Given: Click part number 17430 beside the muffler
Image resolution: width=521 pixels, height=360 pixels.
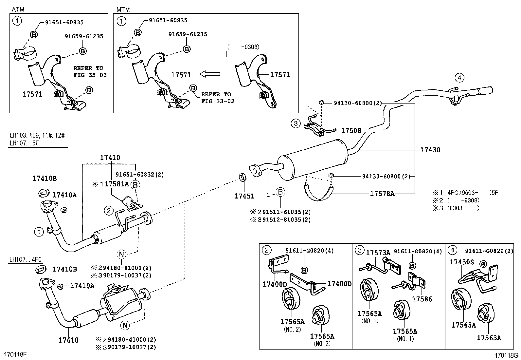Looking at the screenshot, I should (430, 150).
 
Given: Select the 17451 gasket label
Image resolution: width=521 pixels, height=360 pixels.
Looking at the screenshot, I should (244, 196).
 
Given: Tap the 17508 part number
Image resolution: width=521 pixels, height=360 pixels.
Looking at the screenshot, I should (351, 131).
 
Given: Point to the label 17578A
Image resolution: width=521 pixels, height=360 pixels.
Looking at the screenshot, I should (382, 194).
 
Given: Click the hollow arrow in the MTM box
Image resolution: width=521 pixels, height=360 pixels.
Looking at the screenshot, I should (210, 74).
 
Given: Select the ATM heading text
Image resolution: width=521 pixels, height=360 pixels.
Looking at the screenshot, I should (18, 9).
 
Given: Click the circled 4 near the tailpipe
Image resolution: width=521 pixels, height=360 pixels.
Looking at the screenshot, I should (459, 78).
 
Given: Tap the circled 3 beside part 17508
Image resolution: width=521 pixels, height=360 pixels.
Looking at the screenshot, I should (296, 123).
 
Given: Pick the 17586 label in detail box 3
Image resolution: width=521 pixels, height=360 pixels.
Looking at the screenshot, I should (422, 299).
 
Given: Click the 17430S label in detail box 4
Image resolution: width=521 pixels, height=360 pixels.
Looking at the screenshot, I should (461, 262).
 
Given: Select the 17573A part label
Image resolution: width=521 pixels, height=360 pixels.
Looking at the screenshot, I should (378, 253).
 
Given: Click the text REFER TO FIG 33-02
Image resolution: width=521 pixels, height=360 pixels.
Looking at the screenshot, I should (218, 98).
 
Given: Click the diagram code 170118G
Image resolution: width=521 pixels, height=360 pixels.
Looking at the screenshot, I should (506, 355).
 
